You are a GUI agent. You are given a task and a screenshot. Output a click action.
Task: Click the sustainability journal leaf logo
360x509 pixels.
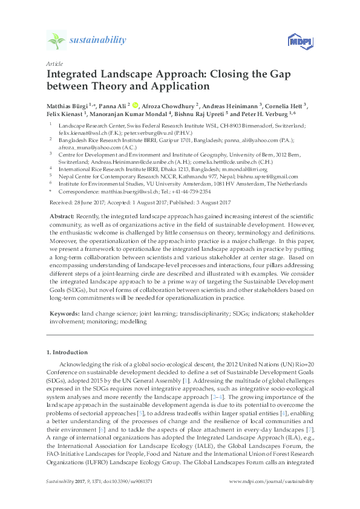(56, 41)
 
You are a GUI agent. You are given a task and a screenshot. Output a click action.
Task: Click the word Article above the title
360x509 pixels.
(54, 63)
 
